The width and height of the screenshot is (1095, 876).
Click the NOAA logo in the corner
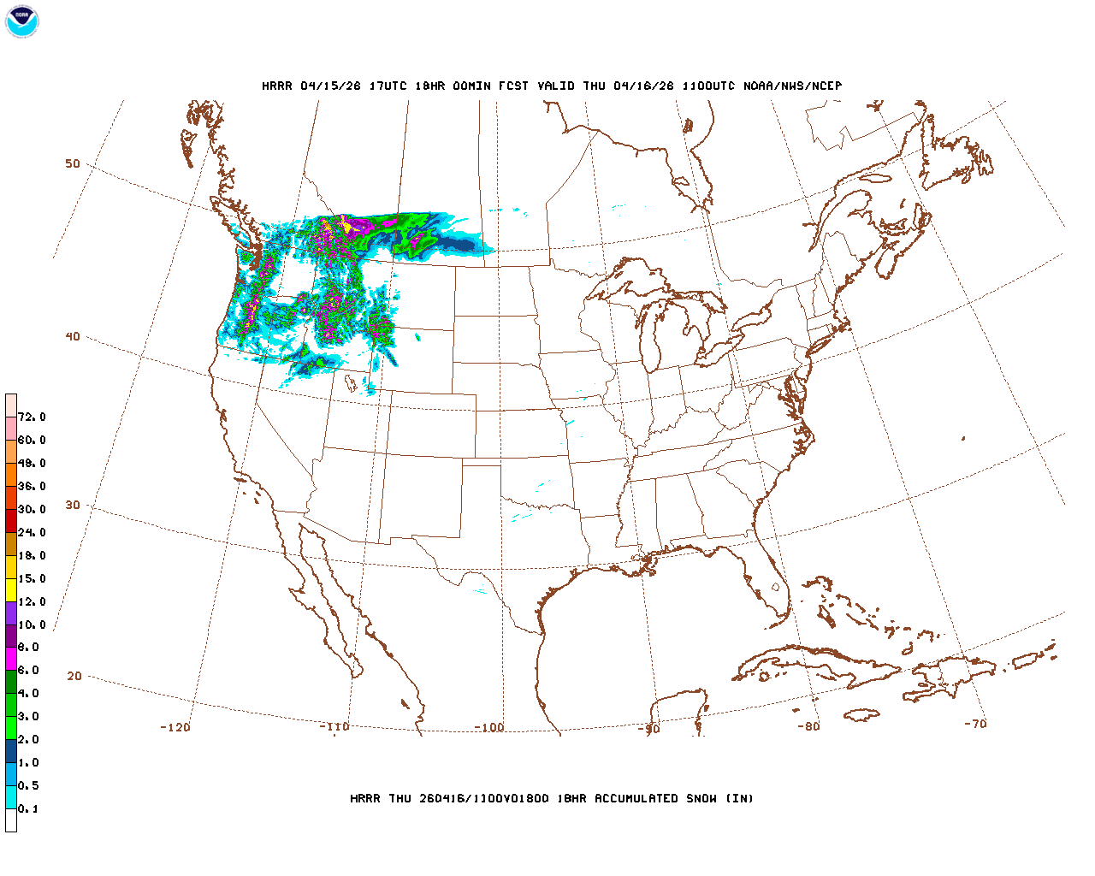click(x=21, y=21)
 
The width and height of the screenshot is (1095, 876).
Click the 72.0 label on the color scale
click(x=32, y=417)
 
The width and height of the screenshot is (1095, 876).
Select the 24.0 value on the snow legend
click(x=32, y=533)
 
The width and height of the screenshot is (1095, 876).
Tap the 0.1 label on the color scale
click(x=28, y=809)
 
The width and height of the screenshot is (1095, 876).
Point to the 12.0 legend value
click(x=32, y=602)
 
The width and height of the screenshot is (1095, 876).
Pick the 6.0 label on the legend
click(x=28, y=671)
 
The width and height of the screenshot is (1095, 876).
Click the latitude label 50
click(x=73, y=164)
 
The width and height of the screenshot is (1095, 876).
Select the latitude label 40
click(x=73, y=337)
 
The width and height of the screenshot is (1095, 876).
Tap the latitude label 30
click(x=73, y=506)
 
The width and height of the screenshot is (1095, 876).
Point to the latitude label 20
click(x=74, y=677)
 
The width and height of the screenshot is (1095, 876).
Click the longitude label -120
click(x=175, y=728)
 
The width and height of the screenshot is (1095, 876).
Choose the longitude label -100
click(x=489, y=728)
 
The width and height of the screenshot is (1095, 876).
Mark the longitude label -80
click(x=808, y=727)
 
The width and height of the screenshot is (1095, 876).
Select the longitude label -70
click(x=975, y=724)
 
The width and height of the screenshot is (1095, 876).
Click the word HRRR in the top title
click(x=277, y=86)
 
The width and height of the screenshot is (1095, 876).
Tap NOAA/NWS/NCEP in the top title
click(x=792, y=86)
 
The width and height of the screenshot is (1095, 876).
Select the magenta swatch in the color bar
click(x=11, y=659)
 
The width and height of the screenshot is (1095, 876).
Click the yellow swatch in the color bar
click(x=11, y=589)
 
